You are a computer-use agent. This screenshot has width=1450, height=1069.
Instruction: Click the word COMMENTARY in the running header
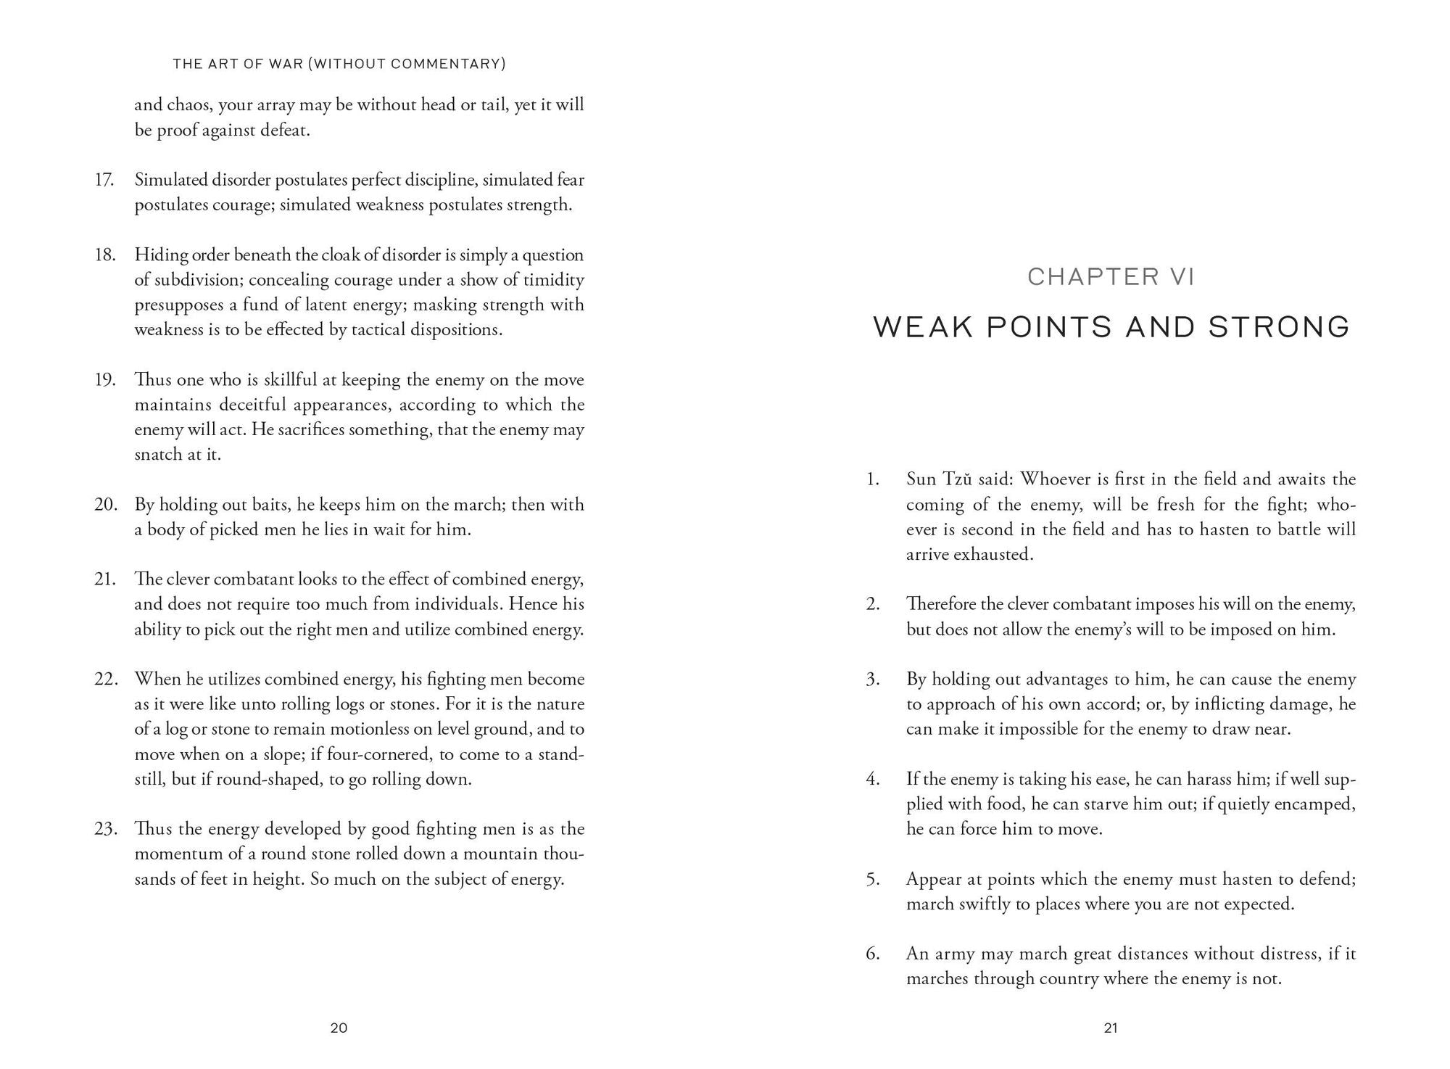447,64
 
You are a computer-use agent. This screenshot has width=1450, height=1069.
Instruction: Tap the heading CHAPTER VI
1111,276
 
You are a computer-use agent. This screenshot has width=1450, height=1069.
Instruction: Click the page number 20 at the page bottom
339,1028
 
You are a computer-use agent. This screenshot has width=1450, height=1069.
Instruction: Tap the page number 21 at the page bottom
1111,1028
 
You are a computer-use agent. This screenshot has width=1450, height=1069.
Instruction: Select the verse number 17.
104,179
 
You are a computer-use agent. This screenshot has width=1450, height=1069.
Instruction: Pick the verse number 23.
106,828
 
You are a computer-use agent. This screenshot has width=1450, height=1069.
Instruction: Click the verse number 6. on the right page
873,953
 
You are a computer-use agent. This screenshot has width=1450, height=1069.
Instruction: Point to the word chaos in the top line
189,104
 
